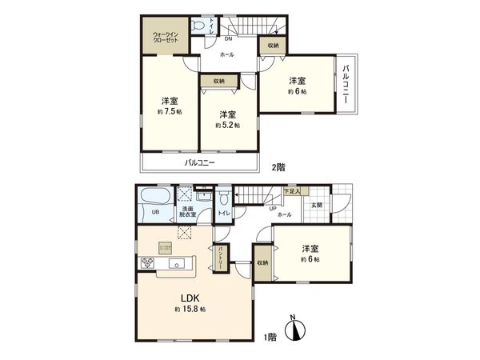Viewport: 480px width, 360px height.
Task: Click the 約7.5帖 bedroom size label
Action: [x=169, y=113]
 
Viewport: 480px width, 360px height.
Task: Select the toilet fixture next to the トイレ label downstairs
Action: [x=224, y=198]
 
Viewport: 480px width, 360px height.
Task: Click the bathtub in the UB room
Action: [x=150, y=197]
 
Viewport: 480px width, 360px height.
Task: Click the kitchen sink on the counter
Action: [x=178, y=264]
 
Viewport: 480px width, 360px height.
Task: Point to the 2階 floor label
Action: [x=278, y=166]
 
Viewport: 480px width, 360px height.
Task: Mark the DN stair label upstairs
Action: [x=228, y=38]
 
